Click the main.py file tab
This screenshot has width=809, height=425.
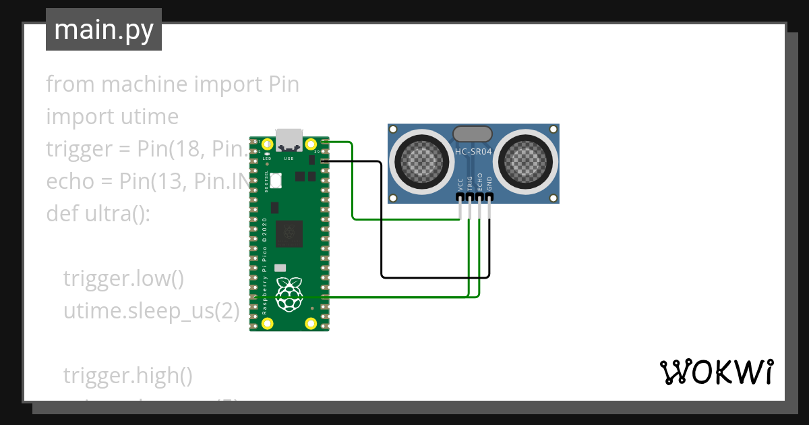coord(103,30)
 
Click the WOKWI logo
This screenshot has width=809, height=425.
coord(716,372)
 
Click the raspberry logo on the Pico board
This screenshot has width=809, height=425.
coord(289,294)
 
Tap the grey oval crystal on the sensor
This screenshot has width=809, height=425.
coord(475,134)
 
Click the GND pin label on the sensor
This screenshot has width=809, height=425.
coord(489,184)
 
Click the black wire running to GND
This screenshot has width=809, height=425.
coord(382,223)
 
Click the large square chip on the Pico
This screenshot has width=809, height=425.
coord(290,233)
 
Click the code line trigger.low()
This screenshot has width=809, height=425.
coord(123,279)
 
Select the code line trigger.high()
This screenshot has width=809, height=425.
coord(127,376)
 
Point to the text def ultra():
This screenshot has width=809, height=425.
coord(98,214)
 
